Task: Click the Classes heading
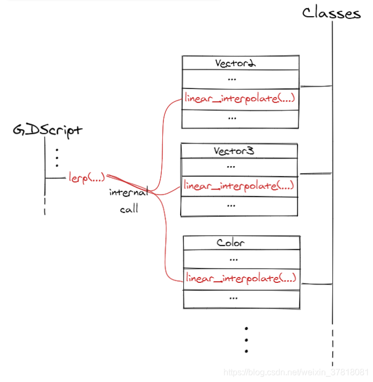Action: pos(331,13)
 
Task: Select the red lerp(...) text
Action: pos(86,176)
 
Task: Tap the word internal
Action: pos(129,192)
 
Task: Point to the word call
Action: pos(129,209)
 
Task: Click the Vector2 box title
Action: pos(235,63)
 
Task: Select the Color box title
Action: pos(231,243)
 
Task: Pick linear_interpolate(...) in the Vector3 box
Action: pos(238,186)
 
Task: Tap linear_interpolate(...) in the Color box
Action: pos(241,278)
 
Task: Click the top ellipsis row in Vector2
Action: pos(232,79)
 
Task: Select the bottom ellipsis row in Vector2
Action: pos(232,117)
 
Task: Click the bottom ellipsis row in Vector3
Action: pos(232,205)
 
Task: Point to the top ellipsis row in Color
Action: pos(233,259)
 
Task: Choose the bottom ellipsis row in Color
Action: pos(233,297)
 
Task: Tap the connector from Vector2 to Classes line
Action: pos(316,86)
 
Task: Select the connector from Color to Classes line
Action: pos(316,283)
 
